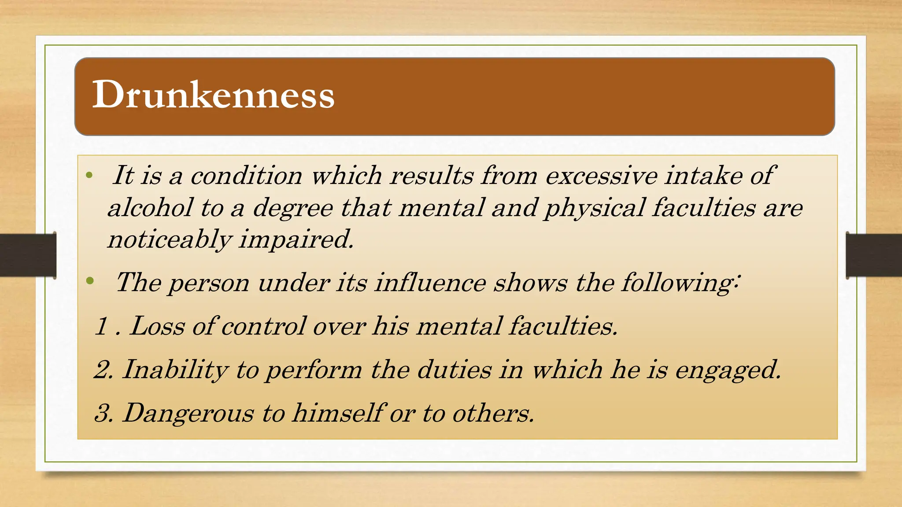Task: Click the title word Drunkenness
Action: pyautogui.click(x=213, y=95)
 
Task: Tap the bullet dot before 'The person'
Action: pyautogui.click(x=90, y=280)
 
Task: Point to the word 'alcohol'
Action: pyautogui.click(x=150, y=207)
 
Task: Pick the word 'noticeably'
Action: pyautogui.click(x=170, y=240)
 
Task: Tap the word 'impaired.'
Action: pyautogui.click(x=296, y=240)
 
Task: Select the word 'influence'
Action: pyautogui.click(x=430, y=282)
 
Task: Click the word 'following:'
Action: pyautogui.click(x=681, y=283)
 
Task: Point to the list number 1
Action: pyautogui.click(x=102, y=326)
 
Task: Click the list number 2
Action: pyautogui.click(x=103, y=369)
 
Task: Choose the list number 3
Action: pyautogui.click(x=104, y=413)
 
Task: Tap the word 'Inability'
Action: pyautogui.click(x=175, y=370)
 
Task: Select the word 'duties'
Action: pyautogui.click(x=454, y=369)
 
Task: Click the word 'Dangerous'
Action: pyautogui.click(x=189, y=414)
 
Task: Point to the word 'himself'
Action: pyautogui.click(x=338, y=413)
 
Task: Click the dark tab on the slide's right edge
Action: pyautogui.click(x=874, y=255)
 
